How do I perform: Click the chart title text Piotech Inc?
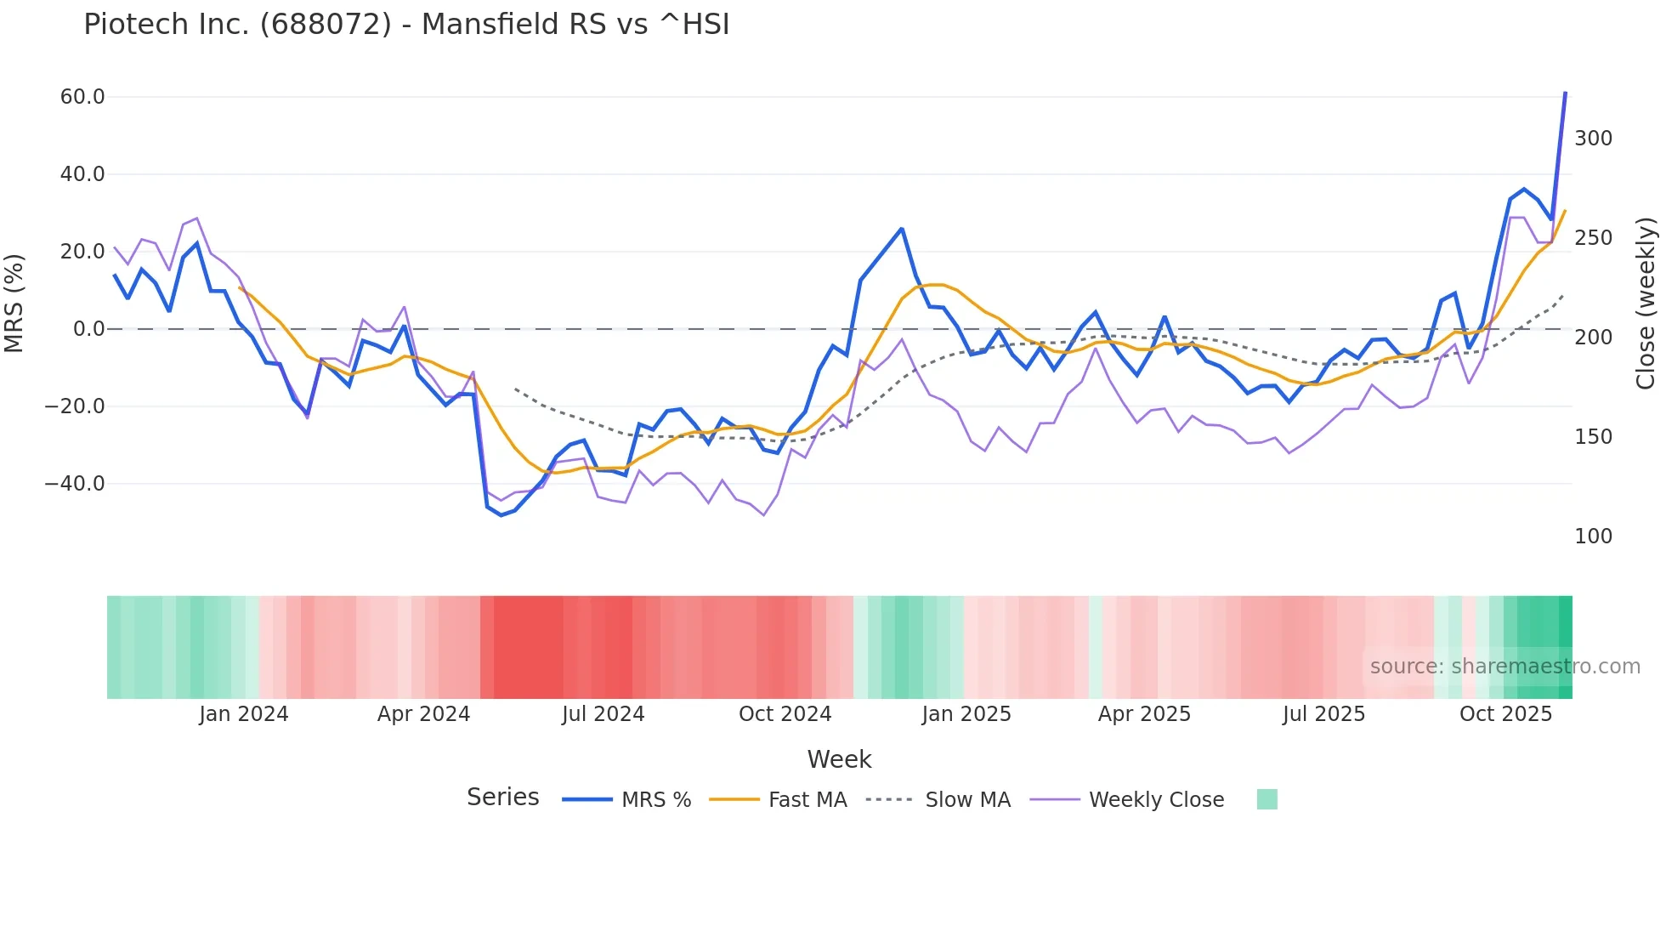tap(406, 25)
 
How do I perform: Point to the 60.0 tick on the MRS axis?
tap(82, 97)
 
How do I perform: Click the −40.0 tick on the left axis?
tap(75, 484)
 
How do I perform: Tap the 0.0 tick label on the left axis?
tap(88, 329)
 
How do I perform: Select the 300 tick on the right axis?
tap(1593, 139)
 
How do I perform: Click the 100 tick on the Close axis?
tap(1593, 537)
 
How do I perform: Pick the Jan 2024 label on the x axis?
tap(244, 714)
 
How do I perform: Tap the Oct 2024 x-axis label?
tap(785, 714)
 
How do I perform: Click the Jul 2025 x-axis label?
tap(1323, 714)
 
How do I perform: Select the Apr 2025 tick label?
tap(1144, 714)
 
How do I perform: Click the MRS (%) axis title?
tap(14, 303)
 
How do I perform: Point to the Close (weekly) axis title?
tap(1646, 304)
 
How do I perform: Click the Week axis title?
tap(839, 759)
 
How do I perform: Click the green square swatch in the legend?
tap(1266, 799)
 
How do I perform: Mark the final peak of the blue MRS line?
tap(1565, 93)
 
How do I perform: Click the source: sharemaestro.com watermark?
tap(1504, 667)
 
